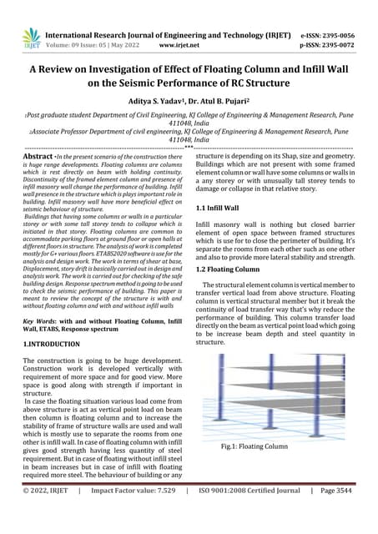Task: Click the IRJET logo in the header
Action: (31, 36)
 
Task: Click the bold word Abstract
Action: (42, 156)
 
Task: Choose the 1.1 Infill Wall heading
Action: (222, 206)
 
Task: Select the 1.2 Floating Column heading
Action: (230, 270)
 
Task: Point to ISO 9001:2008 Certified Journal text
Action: (249, 515)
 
